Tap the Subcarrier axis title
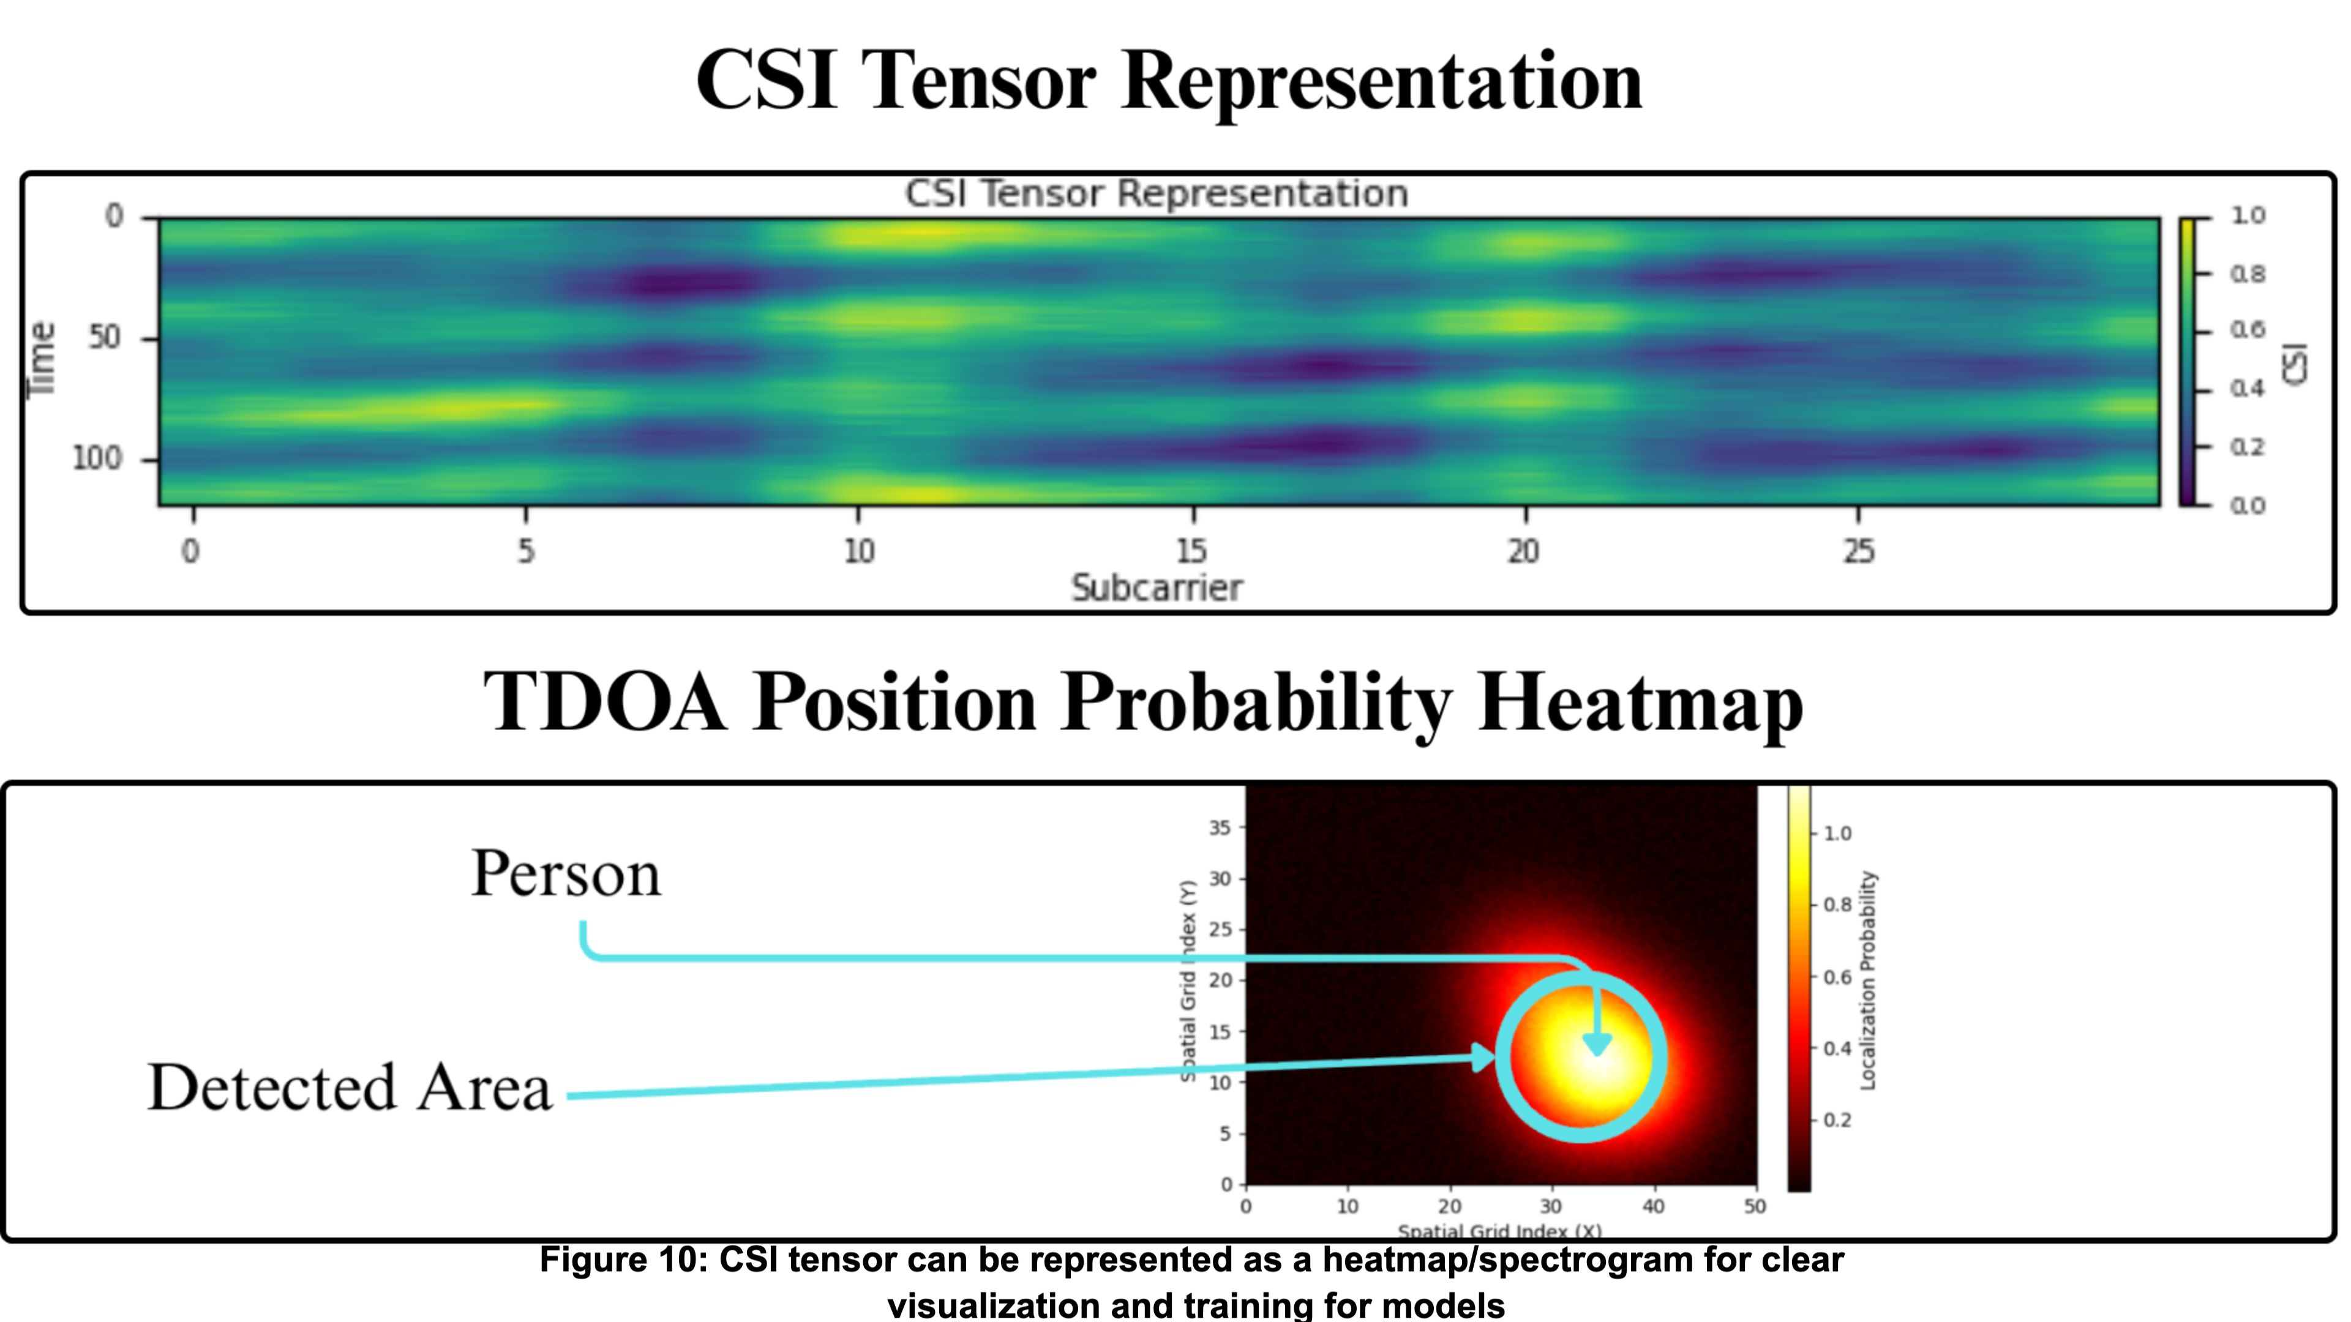coord(1157,588)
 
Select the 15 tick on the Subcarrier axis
coord(1192,551)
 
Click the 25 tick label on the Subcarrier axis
coord(1858,551)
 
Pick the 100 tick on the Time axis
coord(97,458)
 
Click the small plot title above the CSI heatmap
coord(1157,193)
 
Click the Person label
coord(566,874)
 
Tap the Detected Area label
coord(350,1088)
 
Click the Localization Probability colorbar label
coord(1867,980)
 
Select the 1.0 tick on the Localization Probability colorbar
coord(1837,833)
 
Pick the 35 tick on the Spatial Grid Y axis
coord(1220,827)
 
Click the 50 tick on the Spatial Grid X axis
coord(1754,1206)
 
